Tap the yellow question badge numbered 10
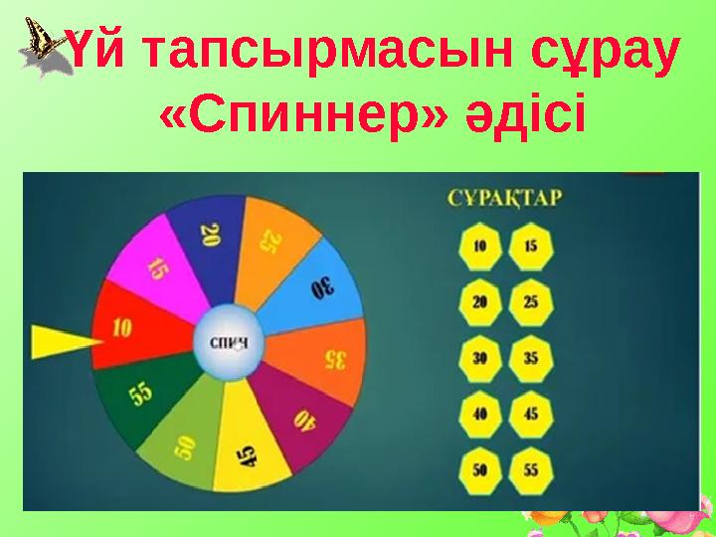pos(480,247)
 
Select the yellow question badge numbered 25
pos(532,301)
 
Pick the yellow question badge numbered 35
pos(532,357)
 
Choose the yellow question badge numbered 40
pos(480,412)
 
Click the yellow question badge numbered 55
pos(532,467)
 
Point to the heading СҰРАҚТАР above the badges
pos(503,197)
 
